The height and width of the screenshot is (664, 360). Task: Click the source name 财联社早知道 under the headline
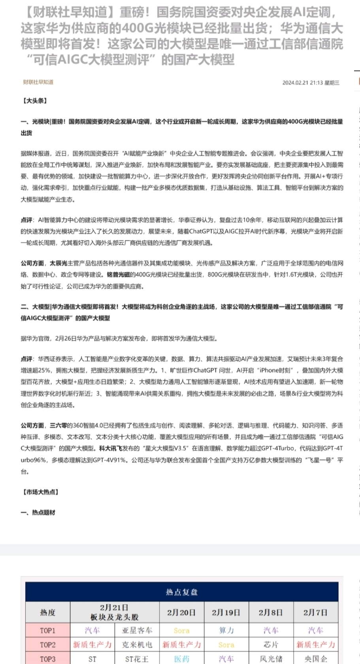click(x=38, y=82)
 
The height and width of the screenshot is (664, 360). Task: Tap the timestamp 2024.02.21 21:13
click(x=302, y=83)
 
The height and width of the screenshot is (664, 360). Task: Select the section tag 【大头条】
click(x=35, y=101)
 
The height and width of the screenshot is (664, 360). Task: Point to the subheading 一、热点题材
click(x=38, y=513)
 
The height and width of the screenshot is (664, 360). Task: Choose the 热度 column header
click(x=47, y=613)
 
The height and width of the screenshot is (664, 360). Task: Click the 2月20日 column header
click(x=181, y=613)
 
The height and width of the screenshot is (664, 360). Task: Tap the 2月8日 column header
click(x=271, y=613)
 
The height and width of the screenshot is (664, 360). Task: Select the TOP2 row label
click(x=47, y=645)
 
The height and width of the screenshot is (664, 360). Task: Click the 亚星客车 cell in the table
click(x=137, y=630)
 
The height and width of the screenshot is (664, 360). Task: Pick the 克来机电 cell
click(x=137, y=645)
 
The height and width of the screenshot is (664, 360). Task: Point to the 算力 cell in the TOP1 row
click(x=226, y=630)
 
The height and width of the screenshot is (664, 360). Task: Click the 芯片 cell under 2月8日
click(x=271, y=645)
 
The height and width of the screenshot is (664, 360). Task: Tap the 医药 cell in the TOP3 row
click(x=181, y=659)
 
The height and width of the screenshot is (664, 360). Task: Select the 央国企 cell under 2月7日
click(x=315, y=659)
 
